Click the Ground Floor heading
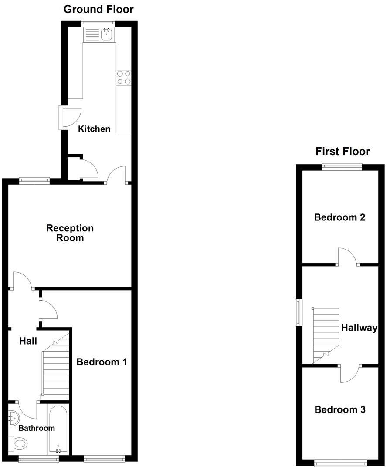pyautogui.click(x=98, y=9)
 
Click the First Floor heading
pyautogui.click(x=343, y=151)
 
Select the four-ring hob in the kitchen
pyautogui.click(x=123, y=77)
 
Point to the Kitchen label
pyautogui.click(x=94, y=129)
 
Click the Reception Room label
pyautogui.click(x=70, y=233)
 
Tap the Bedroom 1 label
pyautogui.click(x=102, y=362)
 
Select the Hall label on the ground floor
pyautogui.click(x=28, y=341)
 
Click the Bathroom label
pyautogui.click(x=37, y=428)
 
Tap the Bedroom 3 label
pyautogui.click(x=340, y=409)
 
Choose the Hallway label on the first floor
pyautogui.click(x=359, y=328)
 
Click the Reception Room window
pyautogui.click(x=34, y=179)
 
